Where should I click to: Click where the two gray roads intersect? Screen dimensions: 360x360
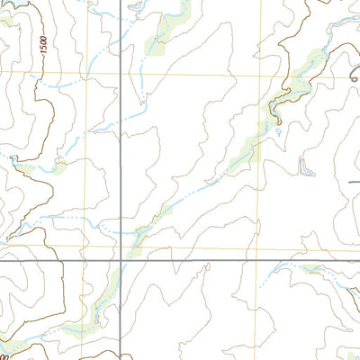[121, 261]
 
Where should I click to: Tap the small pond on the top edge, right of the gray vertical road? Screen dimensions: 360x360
[134, 7]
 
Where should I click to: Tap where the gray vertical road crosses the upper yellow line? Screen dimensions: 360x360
[121, 75]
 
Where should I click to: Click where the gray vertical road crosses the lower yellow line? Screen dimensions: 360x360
[121, 246]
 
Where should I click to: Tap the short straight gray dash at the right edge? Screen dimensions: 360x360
[354, 182]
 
